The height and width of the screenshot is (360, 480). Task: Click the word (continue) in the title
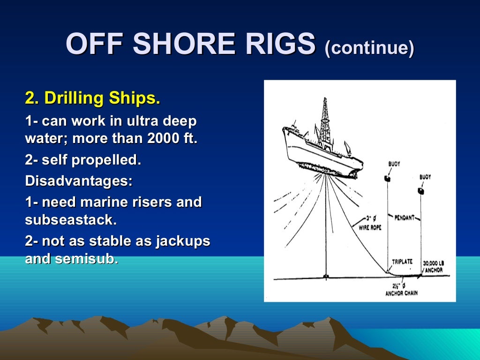point(369,47)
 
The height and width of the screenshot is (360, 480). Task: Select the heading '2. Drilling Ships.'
point(92,98)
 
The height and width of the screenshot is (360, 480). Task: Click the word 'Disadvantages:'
point(79,181)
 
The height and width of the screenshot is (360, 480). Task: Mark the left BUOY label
point(394,164)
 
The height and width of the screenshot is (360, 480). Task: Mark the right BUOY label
point(425,177)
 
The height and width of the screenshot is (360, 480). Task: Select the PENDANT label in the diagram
point(404,218)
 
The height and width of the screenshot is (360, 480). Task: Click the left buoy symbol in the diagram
point(388,178)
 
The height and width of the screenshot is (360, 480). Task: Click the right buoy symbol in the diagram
point(420,191)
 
